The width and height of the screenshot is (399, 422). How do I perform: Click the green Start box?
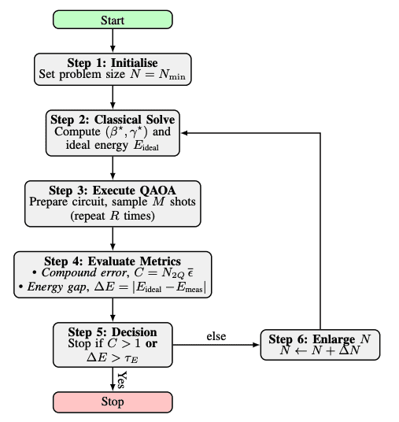(113, 20)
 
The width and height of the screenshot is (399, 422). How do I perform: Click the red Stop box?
(113, 401)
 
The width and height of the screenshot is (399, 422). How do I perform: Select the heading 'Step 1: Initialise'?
(113, 61)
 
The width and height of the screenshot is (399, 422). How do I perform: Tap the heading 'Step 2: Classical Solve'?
(113, 119)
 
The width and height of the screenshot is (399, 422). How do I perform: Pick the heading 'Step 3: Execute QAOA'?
(113, 189)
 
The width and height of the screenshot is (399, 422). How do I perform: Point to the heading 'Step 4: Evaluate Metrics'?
(113, 261)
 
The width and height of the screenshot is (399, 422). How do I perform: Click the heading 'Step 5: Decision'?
(113, 331)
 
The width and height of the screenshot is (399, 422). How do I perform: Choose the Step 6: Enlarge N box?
(320, 345)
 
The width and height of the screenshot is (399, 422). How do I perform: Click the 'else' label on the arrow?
(216, 337)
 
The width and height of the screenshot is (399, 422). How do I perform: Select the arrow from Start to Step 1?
(113, 42)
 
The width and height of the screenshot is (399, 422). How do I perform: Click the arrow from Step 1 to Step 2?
(113, 96)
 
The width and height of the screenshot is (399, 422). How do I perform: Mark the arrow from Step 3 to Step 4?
(113, 239)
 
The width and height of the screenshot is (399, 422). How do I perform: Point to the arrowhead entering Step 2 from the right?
(186, 132)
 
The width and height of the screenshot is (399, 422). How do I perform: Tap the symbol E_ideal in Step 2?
(154, 146)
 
